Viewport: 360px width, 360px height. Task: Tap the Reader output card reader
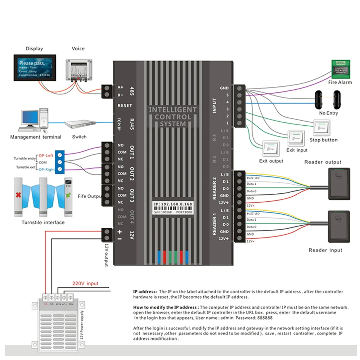(x=338, y=184)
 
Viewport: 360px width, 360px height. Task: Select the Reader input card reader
(x=338, y=227)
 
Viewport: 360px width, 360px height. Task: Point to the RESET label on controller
(x=125, y=105)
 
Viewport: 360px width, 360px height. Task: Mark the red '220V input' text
(x=85, y=283)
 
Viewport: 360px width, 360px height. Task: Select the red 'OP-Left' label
(x=46, y=152)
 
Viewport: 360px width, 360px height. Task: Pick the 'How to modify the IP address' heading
(x=166, y=307)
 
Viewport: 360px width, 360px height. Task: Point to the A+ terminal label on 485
(x=121, y=87)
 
